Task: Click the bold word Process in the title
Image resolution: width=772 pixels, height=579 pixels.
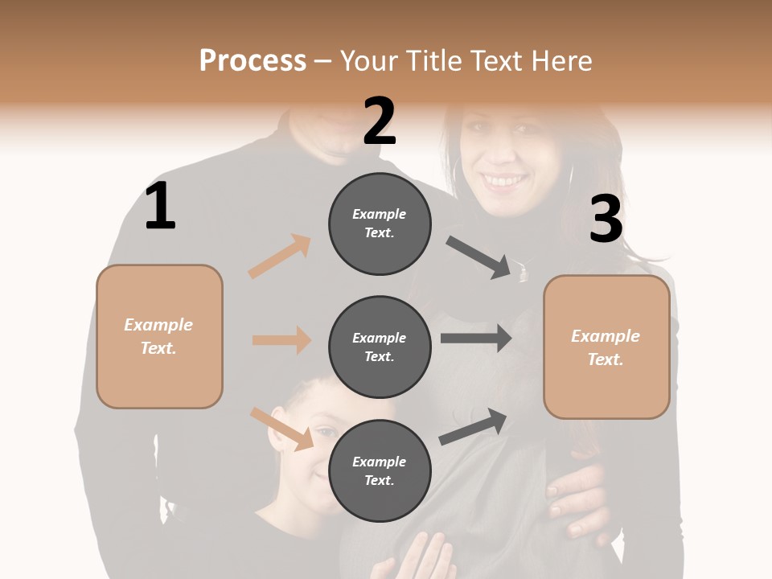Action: click(x=253, y=61)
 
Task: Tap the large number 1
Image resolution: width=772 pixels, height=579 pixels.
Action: click(x=160, y=206)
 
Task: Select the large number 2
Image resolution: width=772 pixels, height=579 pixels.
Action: click(x=380, y=121)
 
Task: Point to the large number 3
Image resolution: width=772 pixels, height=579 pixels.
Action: click(x=606, y=220)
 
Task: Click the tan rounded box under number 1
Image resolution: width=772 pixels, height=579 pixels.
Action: click(x=159, y=336)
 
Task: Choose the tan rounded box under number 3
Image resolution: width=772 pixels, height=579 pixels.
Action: click(x=606, y=347)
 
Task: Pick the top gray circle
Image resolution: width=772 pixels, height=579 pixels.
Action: click(x=380, y=224)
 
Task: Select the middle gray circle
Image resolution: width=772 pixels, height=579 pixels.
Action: click(x=380, y=347)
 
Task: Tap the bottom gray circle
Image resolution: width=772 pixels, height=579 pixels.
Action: click(x=380, y=470)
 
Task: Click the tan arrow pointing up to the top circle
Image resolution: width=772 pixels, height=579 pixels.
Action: click(x=280, y=257)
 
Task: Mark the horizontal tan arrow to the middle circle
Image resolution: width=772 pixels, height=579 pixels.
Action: click(x=281, y=340)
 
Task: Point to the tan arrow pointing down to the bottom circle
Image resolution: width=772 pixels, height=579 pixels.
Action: click(x=281, y=428)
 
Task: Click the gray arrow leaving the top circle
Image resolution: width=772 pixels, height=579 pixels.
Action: click(x=479, y=257)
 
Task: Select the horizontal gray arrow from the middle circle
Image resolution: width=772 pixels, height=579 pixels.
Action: click(x=475, y=338)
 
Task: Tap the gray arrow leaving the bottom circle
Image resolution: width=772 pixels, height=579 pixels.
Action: click(x=473, y=427)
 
